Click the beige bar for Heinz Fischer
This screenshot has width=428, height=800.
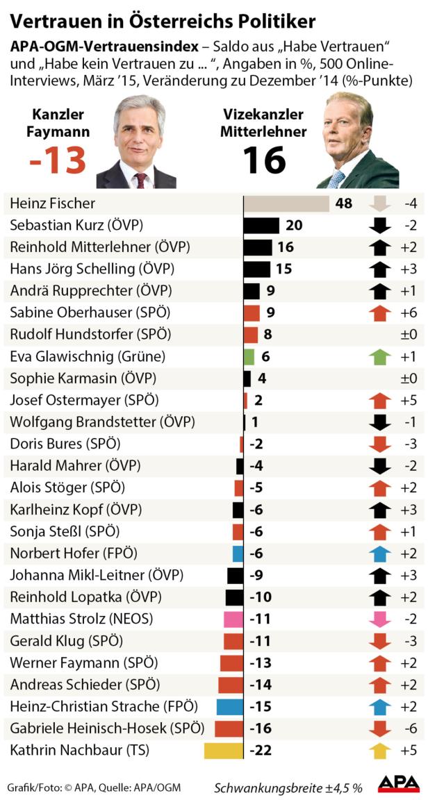click(x=286, y=204)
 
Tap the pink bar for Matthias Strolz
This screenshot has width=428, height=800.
click(x=233, y=619)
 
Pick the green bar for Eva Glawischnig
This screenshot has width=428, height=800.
click(x=249, y=357)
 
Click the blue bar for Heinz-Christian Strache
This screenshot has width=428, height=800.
click(x=229, y=707)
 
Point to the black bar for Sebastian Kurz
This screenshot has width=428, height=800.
click(x=261, y=226)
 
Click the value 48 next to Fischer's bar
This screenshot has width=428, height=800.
click(x=343, y=204)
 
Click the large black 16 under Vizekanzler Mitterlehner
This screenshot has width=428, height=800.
click(x=264, y=161)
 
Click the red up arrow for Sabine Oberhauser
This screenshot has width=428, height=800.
click(x=379, y=313)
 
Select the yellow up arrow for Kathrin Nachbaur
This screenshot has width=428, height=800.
click(x=379, y=751)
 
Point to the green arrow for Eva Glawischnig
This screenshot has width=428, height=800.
click(x=379, y=357)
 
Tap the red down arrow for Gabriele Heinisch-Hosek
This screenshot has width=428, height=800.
click(x=379, y=729)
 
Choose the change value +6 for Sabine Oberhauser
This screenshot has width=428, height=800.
click(x=409, y=313)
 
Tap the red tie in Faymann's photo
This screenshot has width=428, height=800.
click(x=142, y=180)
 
